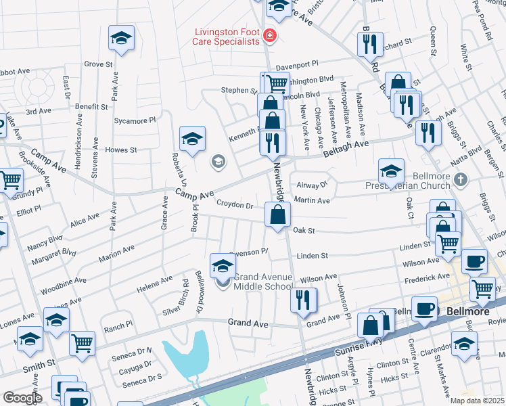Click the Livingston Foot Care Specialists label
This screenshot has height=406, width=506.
[227, 36]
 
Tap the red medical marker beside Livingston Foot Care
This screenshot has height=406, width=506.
[270, 35]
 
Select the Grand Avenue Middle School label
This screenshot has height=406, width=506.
[264, 281]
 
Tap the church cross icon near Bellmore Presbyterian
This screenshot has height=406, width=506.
[460, 180]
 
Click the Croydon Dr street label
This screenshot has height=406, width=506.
[234, 204]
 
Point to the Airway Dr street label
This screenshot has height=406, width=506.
[312, 184]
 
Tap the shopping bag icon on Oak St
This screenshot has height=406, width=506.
[277, 216]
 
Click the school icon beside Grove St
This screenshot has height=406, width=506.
[121, 39]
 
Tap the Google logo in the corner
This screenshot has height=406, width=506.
[22, 398]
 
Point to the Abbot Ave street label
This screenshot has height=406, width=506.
[14, 70]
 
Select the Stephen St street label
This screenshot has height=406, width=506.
[235, 90]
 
